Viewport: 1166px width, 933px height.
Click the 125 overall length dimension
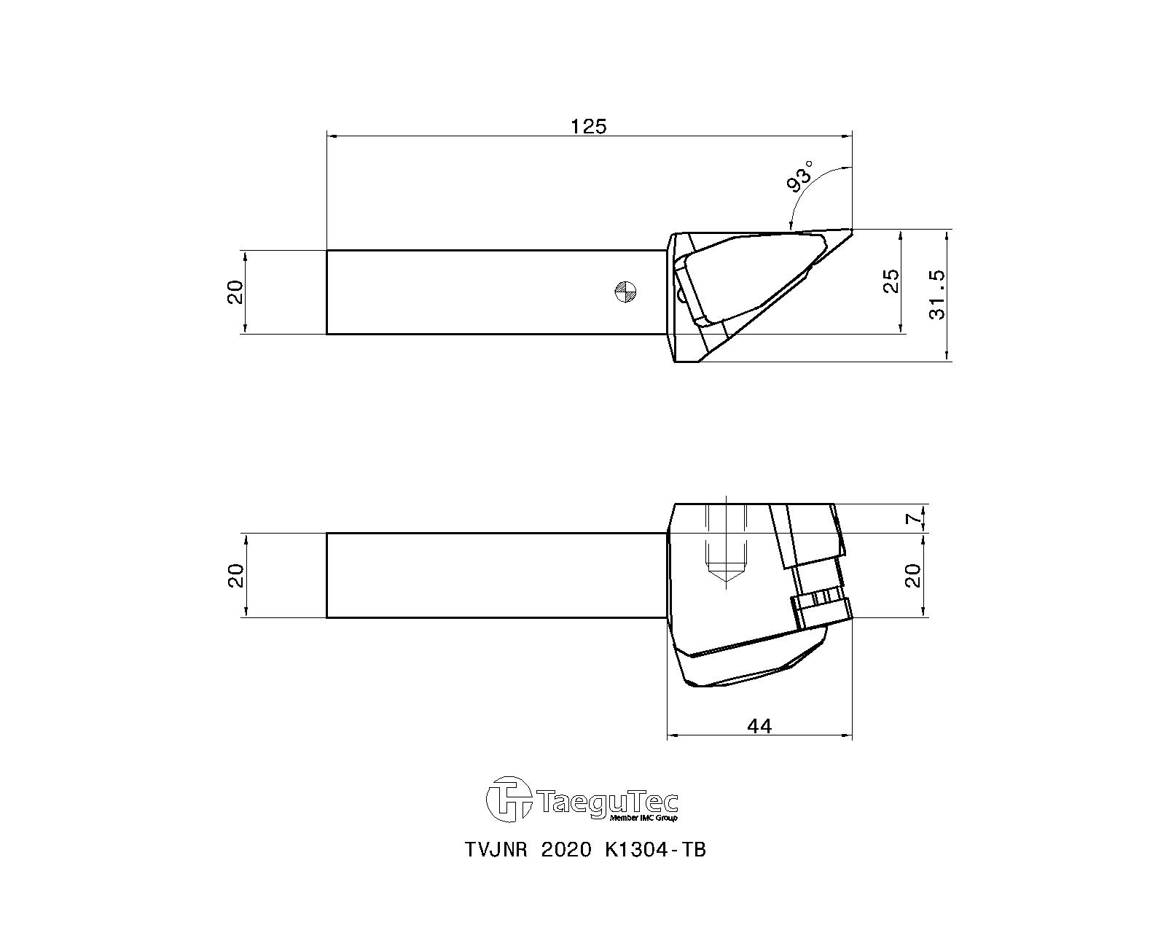click(x=588, y=126)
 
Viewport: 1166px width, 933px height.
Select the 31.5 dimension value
click(x=937, y=294)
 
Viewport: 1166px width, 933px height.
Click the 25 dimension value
click(x=891, y=281)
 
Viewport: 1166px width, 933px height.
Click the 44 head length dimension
click(x=759, y=725)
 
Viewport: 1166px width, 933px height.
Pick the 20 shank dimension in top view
click(x=235, y=292)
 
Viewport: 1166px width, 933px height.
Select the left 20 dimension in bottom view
click(x=235, y=575)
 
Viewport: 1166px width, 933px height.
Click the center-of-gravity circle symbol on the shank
click(x=626, y=292)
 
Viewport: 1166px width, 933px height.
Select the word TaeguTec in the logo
click(x=611, y=803)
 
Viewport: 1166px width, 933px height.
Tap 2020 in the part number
click(x=566, y=851)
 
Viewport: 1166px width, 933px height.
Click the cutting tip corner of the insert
click(x=850, y=230)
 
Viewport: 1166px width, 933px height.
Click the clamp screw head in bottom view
click(x=821, y=607)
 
